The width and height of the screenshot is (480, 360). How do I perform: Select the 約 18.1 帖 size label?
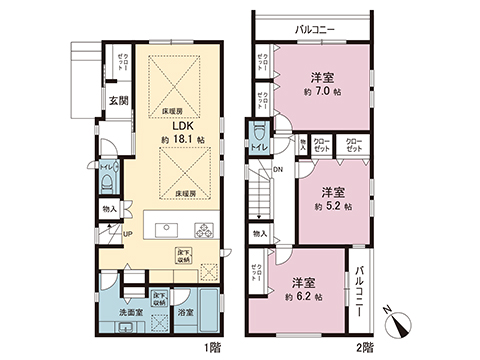click(x=180, y=142)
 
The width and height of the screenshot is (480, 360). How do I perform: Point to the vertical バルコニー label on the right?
click(x=358, y=289)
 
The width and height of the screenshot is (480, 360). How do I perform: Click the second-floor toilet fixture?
click(x=260, y=133)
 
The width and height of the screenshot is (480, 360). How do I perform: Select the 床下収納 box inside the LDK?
click(x=184, y=253)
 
